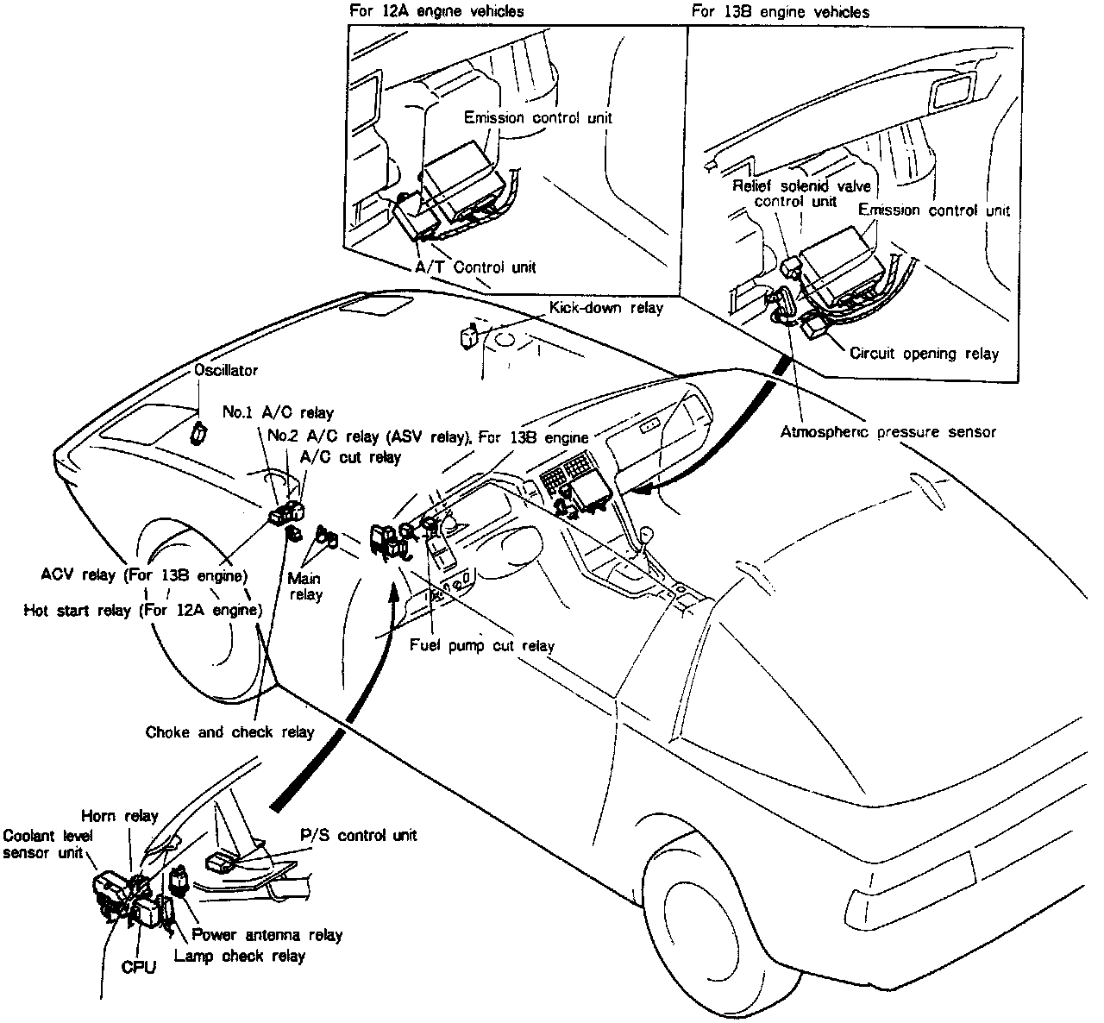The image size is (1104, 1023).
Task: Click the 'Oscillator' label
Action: [226, 370]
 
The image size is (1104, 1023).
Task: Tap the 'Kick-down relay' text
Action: [606, 308]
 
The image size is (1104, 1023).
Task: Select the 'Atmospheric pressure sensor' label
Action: [888, 432]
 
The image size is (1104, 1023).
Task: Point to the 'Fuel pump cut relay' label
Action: [482, 645]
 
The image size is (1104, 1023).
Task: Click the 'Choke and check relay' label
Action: [230, 731]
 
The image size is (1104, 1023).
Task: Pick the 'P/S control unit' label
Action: [359, 835]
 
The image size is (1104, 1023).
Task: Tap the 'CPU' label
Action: [139, 968]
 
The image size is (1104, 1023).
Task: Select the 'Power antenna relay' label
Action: [267, 935]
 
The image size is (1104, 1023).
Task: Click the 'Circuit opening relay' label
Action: [924, 354]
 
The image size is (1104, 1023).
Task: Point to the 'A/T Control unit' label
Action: [475, 267]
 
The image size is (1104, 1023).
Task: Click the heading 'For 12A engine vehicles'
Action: [436, 11]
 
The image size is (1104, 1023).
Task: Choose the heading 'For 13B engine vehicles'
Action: [781, 11]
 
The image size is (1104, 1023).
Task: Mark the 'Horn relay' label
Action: [120, 816]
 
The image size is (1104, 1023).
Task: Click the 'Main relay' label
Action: [304, 587]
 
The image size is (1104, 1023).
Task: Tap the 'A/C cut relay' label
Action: [350, 457]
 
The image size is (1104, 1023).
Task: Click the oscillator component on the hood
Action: [199, 432]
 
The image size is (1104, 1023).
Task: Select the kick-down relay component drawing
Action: [468, 336]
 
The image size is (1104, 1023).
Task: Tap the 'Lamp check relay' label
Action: [240, 957]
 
